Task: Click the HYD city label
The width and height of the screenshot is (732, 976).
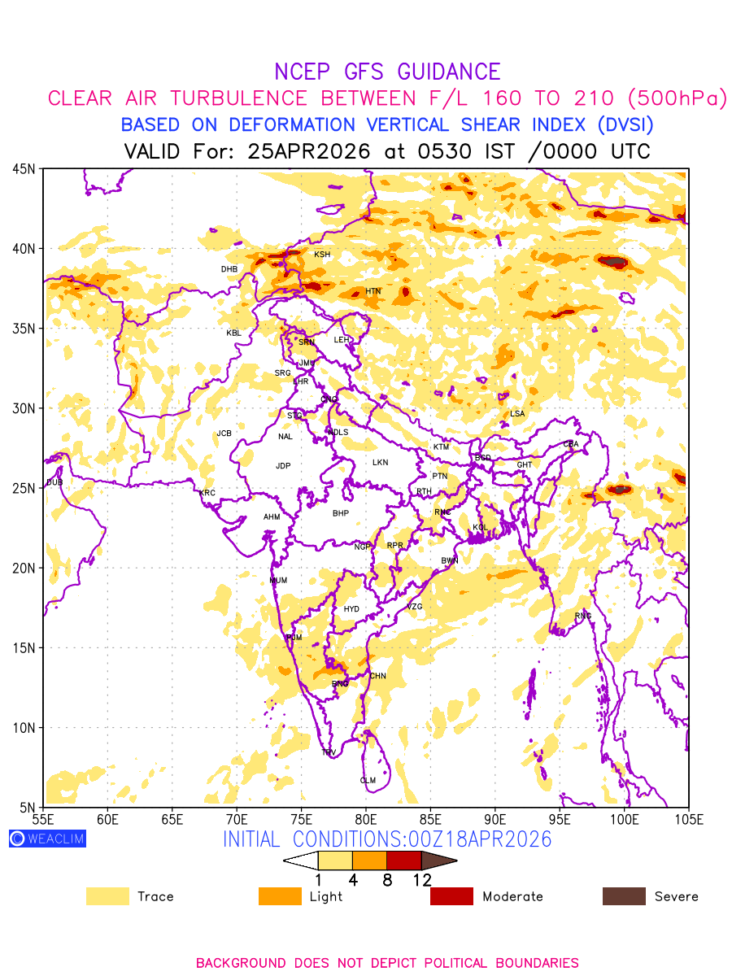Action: (351, 609)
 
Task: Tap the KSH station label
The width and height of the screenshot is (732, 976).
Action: (323, 255)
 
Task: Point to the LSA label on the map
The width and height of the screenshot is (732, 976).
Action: (517, 414)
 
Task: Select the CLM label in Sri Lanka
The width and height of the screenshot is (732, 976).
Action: (368, 781)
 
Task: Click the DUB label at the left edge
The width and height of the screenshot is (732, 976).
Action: (54, 483)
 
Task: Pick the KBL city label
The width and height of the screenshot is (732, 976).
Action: (234, 333)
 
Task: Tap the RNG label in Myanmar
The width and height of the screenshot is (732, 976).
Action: (583, 616)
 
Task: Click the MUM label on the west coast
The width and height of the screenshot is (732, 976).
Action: (278, 581)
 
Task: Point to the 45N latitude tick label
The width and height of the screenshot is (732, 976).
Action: (24, 169)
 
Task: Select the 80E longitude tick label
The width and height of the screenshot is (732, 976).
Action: (366, 819)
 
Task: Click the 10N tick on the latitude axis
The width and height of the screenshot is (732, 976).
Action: (24, 728)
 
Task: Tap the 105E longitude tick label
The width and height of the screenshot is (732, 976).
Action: (689, 819)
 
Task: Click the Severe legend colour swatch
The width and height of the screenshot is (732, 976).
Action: (624, 896)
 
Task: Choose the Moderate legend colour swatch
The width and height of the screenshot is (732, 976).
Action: (451, 896)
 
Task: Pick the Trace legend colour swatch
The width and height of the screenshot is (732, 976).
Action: (107, 896)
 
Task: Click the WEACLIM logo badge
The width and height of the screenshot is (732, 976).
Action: (47, 839)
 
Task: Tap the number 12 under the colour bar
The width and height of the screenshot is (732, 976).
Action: (421, 880)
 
